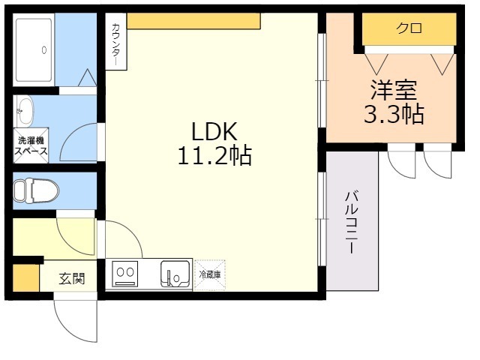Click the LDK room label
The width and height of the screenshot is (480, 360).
click(x=214, y=132)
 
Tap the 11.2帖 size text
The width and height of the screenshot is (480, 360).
click(x=214, y=156)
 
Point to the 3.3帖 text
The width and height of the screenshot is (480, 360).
click(x=393, y=115)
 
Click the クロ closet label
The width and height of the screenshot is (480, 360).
click(x=409, y=28)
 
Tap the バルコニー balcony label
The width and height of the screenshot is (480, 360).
click(x=350, y=223)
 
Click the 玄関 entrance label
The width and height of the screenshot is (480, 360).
click(x=72, y=278)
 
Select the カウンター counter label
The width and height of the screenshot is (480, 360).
click(x=115, y=42)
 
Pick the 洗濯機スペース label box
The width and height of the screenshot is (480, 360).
click(x=31, y=145)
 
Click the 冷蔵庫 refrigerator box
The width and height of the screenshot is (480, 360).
click(x=209, y=274)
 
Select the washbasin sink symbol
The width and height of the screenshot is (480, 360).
click(x=25, y=112)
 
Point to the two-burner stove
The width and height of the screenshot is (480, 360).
click(x=124, y=274)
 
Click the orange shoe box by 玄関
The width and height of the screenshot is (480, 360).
click(x=25, y=277)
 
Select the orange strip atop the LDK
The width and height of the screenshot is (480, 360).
click(x=198, y=20)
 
